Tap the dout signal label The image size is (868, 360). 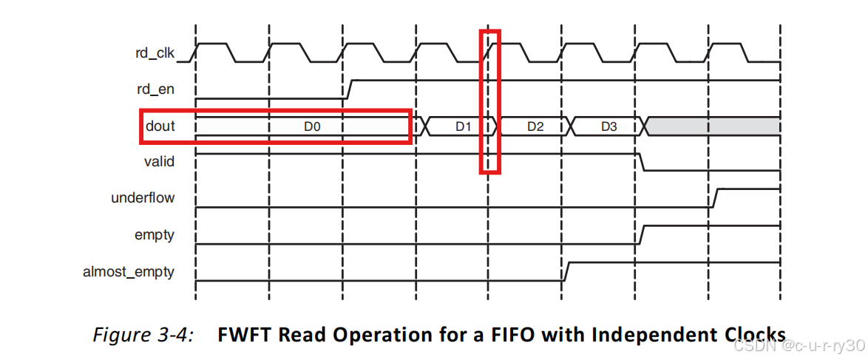[160, 126]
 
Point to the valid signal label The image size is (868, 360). [159, 161]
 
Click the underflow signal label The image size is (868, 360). [143, 197]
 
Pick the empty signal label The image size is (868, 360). [155, 234]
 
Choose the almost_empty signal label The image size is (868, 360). [129, 271]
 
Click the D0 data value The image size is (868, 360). [312, 126]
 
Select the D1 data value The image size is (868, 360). [463, 126]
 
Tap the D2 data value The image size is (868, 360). [535, 126]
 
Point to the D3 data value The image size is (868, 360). [608, 126]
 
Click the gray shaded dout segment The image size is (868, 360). [713, 126]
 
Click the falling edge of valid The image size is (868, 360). [641, 162]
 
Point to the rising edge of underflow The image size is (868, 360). [713, 198]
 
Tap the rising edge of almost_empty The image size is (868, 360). [566, 271]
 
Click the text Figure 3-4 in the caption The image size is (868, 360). [143, 334]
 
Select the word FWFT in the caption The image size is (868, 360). [245, 334]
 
